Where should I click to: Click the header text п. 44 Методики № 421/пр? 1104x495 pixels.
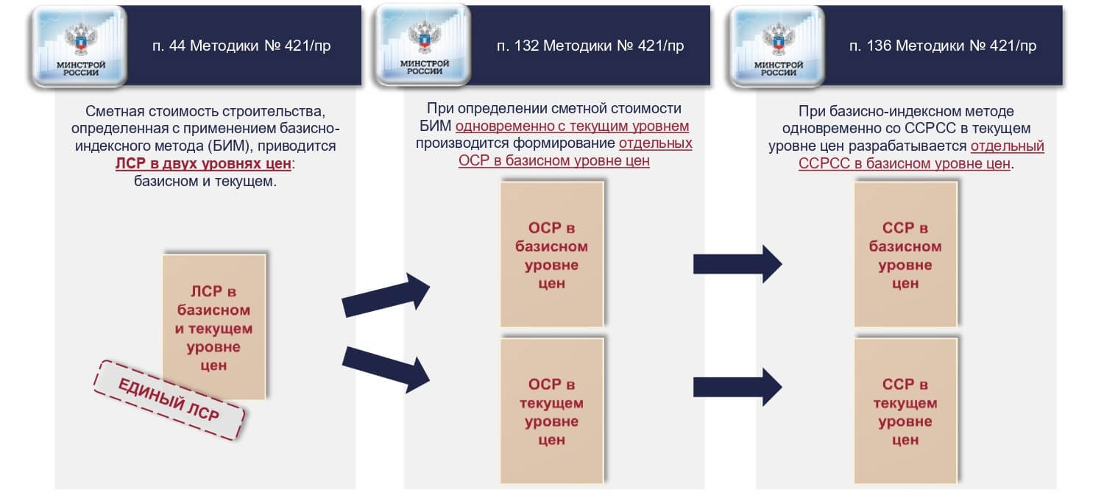click(x=241, y=46)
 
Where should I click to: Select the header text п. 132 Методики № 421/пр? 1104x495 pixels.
click(x=590, y=46)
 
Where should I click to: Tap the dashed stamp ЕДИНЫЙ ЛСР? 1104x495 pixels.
click(x=169, y=400)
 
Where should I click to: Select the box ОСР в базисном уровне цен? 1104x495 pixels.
click(x=552, y=254)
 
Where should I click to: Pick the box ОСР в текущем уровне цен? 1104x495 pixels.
click(x=552, y=411)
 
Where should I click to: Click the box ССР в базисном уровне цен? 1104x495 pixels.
click(x=905, y=254)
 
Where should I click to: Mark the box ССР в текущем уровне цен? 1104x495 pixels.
click(x=905, y=411)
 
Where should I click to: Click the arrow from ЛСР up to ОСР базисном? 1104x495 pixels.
click(x=386, y=294)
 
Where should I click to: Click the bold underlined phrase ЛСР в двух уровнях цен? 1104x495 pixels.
click(x=203, y=163)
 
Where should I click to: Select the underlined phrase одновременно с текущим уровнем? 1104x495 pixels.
click(x=572, y=126)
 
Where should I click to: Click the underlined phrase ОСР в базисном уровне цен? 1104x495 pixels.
click(x=553, y=161)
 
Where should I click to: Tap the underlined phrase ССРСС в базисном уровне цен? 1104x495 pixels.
click(x=905, y=163)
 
